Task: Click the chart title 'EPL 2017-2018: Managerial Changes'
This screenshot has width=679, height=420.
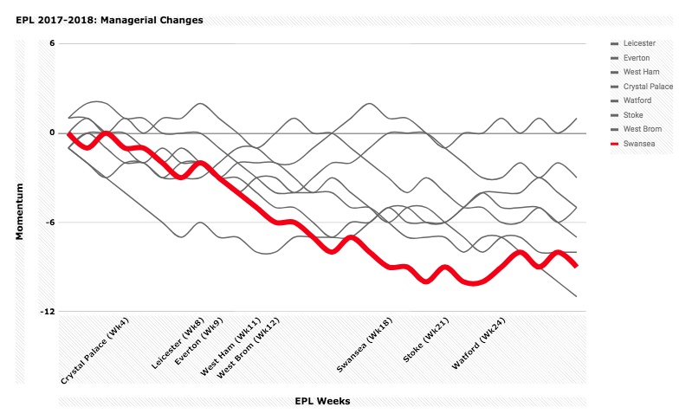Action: click(109, 21)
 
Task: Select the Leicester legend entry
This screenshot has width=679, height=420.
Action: click(633, 43)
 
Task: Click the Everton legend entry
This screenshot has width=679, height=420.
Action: click(630, 58)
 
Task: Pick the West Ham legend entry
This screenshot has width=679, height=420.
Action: click(635, 72)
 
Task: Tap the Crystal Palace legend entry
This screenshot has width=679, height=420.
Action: click(642, 87)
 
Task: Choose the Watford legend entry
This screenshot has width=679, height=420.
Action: click(630, 100)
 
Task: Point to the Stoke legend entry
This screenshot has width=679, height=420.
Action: click(627, 115)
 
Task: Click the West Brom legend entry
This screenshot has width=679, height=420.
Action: click(636, 129)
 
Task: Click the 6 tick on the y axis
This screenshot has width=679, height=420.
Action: click(52, 43)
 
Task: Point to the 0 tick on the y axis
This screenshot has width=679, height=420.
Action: click(52, 133)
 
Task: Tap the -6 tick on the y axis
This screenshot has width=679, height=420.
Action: click(50, 222)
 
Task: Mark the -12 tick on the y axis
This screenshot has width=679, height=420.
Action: click(48, 312)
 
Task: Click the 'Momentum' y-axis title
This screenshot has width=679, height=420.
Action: click(19, 211)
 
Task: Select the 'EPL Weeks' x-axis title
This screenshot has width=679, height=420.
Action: click(322, 401)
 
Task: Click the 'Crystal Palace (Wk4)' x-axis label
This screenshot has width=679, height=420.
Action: click(95, 351)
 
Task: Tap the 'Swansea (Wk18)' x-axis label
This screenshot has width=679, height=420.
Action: click(365, 345)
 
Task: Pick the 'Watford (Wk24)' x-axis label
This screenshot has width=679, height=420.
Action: click(478, 343)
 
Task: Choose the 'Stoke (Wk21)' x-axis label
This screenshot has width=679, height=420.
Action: click(426, 339)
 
